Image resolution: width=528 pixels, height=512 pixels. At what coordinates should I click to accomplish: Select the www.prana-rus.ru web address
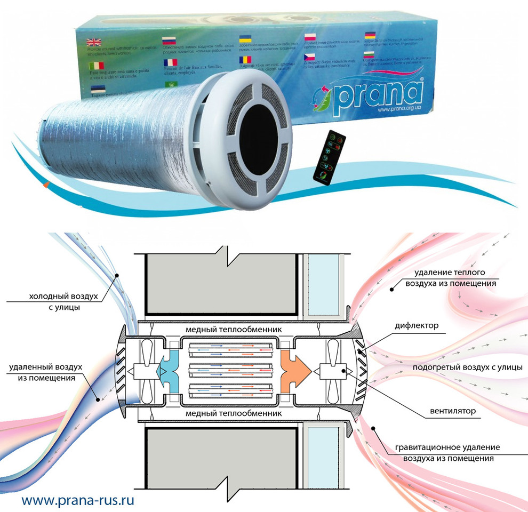pos(78,500)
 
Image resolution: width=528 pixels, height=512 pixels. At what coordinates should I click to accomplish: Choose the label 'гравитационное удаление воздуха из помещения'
pos(447,452)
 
